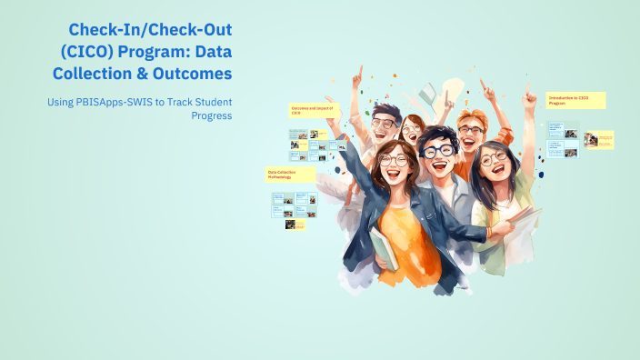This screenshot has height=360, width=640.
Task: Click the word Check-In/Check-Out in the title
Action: click(x=151, y=29)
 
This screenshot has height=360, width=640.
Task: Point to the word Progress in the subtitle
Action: click(x=211, y=115)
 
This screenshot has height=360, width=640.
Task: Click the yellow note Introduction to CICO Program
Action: click(x=575, y=101)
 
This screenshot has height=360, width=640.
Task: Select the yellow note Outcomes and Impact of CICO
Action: click(x=313, y=110)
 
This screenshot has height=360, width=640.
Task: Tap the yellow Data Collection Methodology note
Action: click(x=289, y=174)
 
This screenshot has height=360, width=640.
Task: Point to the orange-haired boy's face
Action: click(x=471, y=133)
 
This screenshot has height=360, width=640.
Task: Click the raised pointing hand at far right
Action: click(x=529, y=91)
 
